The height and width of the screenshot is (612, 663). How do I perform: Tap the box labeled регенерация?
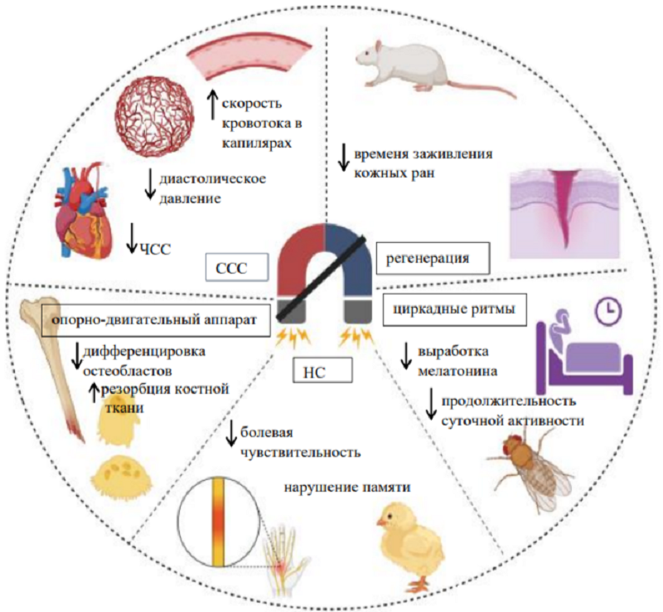pyautogui.click(x=432, y=258)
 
